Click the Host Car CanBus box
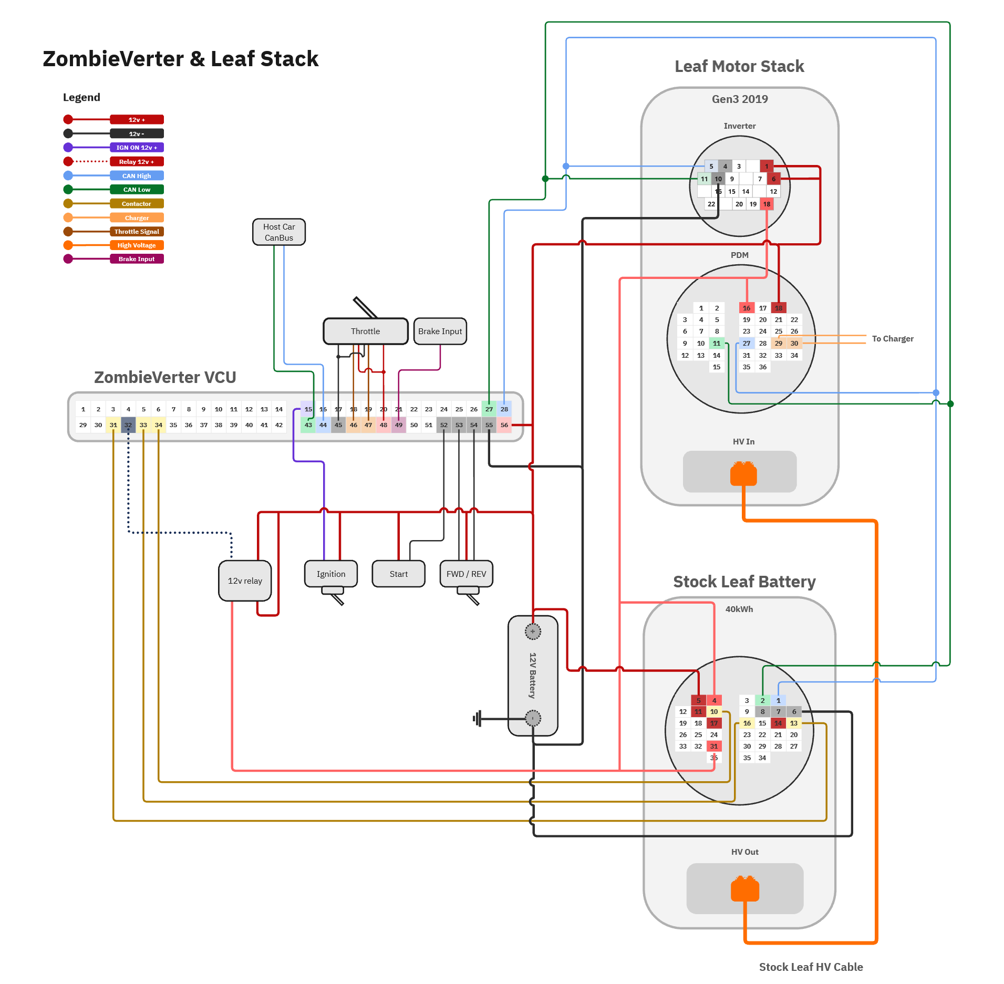click(278, 232)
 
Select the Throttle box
click(365, 332)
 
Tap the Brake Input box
click(440, 332)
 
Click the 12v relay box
click(245, 581)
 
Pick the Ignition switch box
click(331, 574)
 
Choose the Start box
click(398, 574)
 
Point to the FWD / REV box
click(466, 574)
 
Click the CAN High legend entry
click(137, 176)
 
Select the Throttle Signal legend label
click(137, 232)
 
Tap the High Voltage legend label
click(137, 245)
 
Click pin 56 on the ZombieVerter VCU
click(504, 425)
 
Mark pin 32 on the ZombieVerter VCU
click(128, 425)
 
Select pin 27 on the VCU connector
click(489, 409)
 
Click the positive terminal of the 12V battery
click(533, 631)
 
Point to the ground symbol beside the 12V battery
click(478, 718)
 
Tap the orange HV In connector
click(743, 473)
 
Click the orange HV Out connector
click(745, 889)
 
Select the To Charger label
click(893, 339)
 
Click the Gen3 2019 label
click(740, 99)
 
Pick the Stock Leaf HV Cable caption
click(811, 967)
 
